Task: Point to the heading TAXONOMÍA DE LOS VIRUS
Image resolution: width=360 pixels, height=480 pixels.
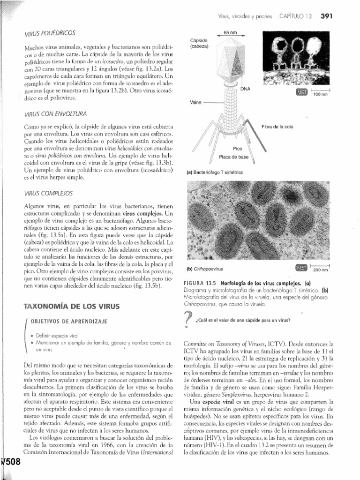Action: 72,307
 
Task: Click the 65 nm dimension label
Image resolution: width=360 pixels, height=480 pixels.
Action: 230,32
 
